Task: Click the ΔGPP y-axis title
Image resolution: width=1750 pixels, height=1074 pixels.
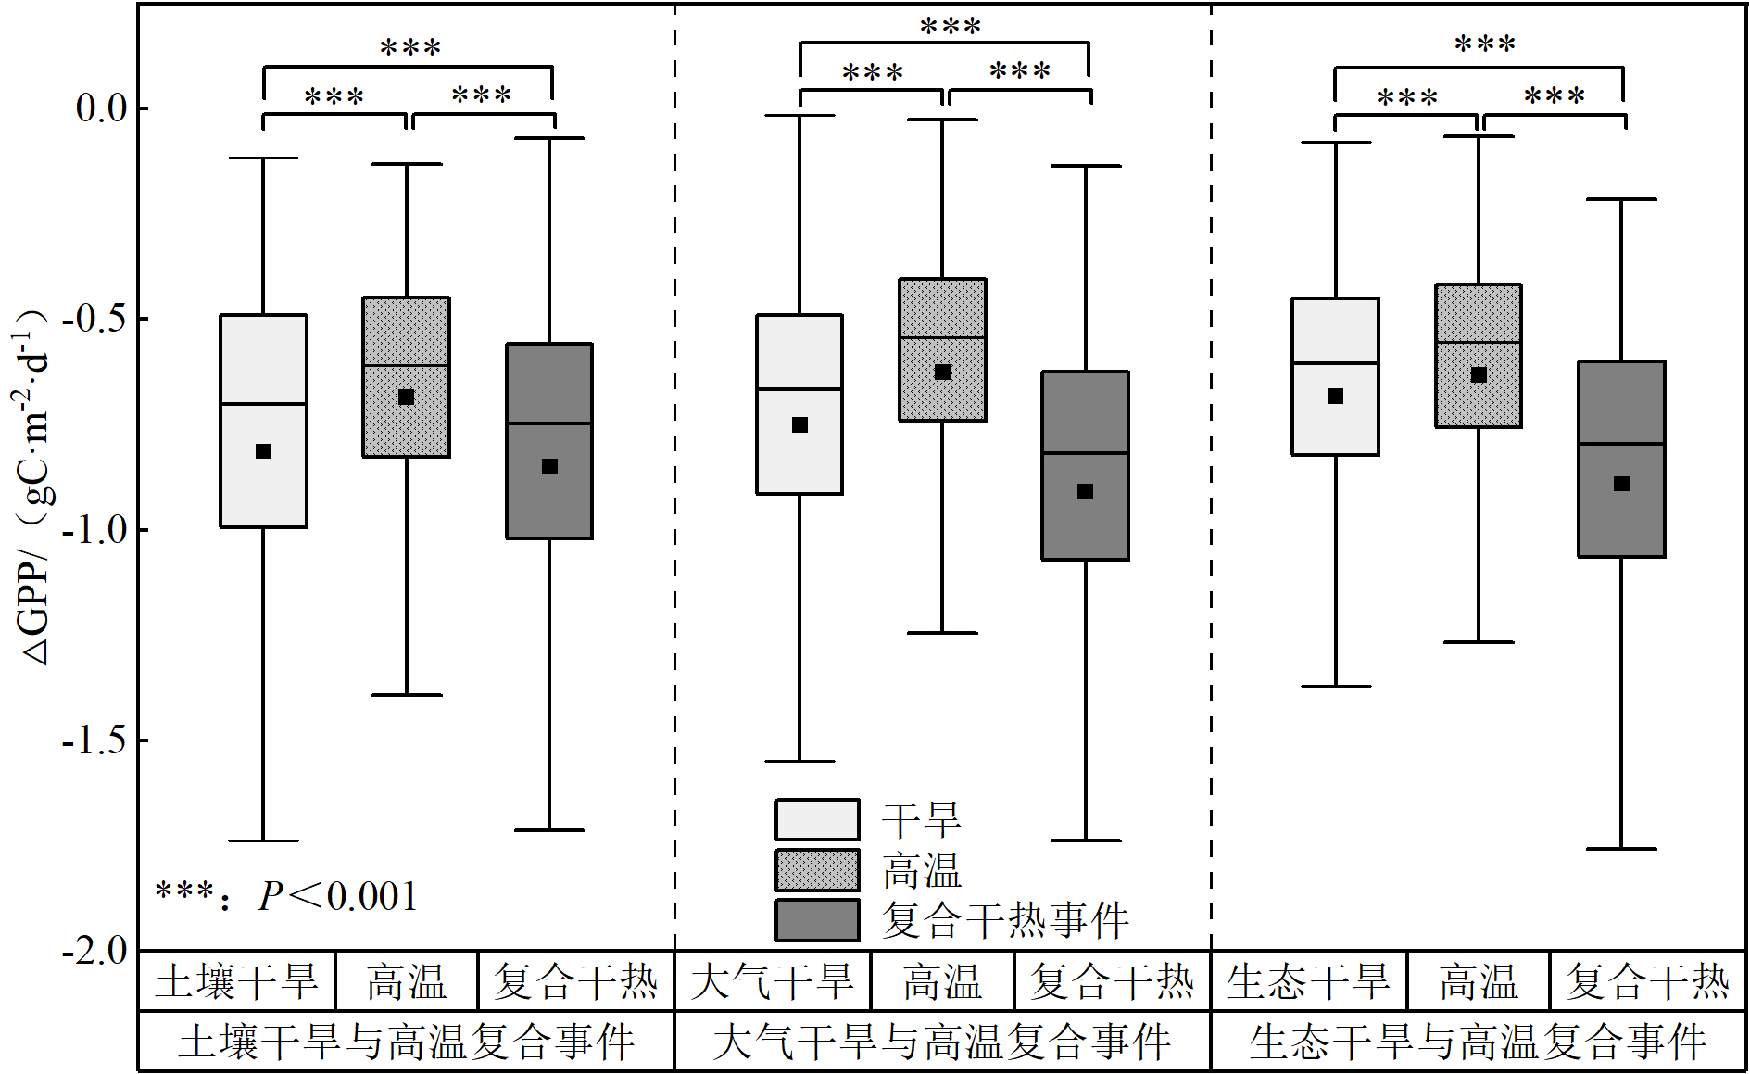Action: [35, 486]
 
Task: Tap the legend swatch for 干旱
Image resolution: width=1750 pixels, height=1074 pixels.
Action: [817, 819]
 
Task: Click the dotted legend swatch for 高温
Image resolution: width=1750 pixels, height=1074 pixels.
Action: [817, 870]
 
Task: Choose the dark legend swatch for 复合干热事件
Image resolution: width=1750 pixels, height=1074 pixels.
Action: [817, 920]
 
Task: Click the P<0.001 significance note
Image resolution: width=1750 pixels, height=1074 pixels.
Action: [287, 896]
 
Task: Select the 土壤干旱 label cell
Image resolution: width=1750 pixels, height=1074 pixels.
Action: [237, 981]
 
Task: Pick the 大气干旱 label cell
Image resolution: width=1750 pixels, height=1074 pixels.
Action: [773, 981]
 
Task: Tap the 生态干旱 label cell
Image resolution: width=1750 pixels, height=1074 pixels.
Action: [1308, 981]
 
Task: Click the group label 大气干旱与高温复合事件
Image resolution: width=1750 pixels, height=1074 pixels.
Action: [942, 1042]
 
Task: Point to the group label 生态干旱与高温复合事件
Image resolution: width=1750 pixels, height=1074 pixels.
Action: [1479, 1042]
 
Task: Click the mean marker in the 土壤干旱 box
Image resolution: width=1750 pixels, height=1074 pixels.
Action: [263, 451]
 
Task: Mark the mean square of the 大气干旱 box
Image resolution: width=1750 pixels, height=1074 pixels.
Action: [800, 425]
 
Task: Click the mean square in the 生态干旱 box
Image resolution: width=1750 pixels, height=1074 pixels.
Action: [1336, 397]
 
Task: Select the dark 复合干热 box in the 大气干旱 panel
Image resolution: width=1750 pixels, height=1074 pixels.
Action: [1085, 465]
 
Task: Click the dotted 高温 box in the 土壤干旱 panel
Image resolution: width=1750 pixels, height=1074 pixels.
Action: [406, 377]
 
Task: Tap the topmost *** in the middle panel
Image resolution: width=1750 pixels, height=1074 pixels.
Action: [951, 27]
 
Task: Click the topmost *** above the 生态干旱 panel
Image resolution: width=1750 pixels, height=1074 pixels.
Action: [1485, 44]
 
